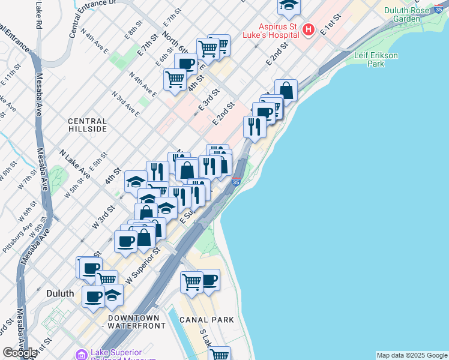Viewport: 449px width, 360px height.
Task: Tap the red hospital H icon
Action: click(309, 29)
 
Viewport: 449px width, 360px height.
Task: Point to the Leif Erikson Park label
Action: click(376, 59)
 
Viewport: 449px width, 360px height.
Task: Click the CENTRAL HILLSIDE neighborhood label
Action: click(87, 125)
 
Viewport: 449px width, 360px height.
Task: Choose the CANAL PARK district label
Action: click(207, 320)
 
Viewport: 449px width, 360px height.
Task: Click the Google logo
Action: click(20, 353)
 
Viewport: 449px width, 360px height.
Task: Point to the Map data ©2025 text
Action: click(412, 355)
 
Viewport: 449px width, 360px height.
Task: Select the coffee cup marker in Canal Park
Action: click(209, 279)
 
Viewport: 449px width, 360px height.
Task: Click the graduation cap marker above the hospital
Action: click(288, 6)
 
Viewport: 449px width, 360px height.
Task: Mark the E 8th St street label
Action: click(133, 29)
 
